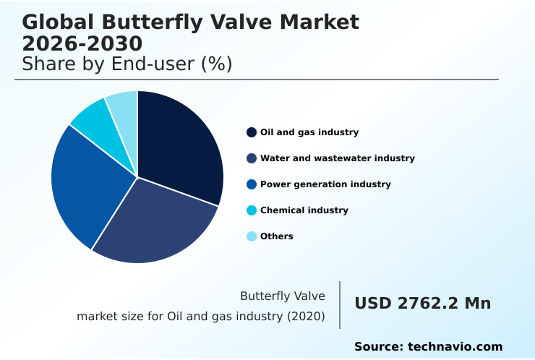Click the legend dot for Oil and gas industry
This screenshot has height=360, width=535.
[252, 132]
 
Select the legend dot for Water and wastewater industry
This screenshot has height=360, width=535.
[252, 158]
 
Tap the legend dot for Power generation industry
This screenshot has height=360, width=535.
[252, 184]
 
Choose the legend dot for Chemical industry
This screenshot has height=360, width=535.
[252, 210]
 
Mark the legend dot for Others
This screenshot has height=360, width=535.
[252, 236]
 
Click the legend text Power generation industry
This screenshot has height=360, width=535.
[325, 184]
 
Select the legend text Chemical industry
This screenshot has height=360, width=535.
[304, 210]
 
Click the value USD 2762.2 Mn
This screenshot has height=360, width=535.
[422, 304]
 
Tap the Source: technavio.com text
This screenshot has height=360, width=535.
[428, 347]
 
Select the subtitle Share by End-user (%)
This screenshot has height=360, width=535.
[127, 64]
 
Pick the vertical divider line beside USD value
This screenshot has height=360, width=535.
[340, 305]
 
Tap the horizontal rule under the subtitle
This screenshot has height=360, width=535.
[257, 80]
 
